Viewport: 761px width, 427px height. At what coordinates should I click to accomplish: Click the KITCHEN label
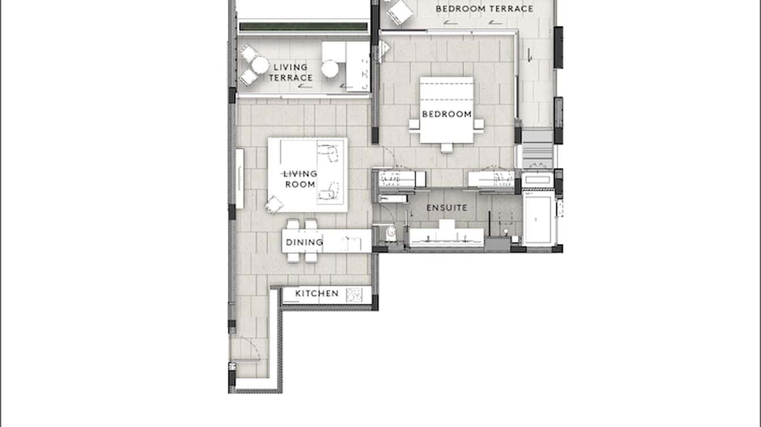tap(317, 293)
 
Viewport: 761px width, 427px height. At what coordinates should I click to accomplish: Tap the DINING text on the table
tap(304, 242)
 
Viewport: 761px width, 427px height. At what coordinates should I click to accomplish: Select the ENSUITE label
tap(447, 208)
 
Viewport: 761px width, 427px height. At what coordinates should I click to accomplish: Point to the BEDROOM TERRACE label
tap(484, 8)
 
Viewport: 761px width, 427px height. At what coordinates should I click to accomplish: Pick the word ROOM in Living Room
tap(300, 185)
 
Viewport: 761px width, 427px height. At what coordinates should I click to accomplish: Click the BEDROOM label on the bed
tap(447, 114)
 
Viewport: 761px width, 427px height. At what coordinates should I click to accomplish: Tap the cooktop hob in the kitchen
tap(354, 294)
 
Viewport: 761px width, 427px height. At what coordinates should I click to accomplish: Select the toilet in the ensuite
tap(390, 233)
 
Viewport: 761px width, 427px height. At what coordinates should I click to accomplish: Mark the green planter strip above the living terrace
tap(303, 27)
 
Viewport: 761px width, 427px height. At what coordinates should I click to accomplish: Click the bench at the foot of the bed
tap(447, 148)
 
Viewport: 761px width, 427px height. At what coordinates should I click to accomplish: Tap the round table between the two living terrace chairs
tap(260, 65)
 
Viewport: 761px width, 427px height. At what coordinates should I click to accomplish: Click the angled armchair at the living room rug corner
tap(274, 204)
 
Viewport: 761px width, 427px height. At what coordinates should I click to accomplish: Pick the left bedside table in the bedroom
tap(415, 125)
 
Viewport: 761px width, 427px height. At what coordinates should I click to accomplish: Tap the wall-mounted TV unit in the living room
tap(240, 178)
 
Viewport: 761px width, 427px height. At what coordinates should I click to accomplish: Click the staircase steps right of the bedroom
tap(537, 148)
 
